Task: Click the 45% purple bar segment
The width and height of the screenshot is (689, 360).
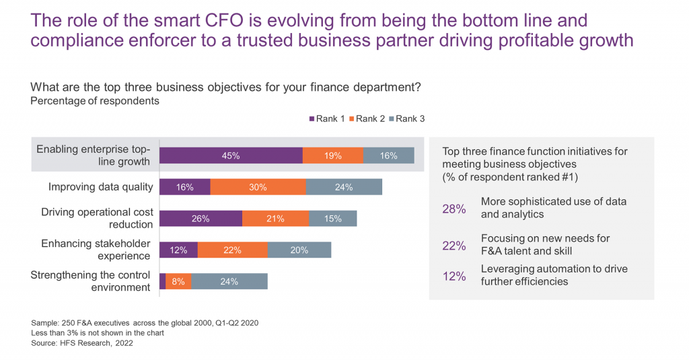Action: [231, 155]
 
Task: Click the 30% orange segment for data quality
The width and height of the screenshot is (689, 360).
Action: [258, 187]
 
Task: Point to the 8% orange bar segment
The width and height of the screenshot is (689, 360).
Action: [178, 281]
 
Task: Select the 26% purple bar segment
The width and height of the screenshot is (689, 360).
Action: [201, 219]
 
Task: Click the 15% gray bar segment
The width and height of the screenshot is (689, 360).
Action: [332, 219]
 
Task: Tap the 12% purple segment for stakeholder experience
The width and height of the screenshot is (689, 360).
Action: [178, 250]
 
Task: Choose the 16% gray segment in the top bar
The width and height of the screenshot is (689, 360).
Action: [388, 155]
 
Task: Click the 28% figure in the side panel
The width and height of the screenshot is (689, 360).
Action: [454, 209]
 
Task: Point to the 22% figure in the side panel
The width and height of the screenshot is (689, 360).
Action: [454, 246]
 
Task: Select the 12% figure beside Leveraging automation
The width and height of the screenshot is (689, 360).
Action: [454, 276]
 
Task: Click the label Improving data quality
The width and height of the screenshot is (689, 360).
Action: [101, 187]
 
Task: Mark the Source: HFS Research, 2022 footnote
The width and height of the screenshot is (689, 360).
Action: [82, 343]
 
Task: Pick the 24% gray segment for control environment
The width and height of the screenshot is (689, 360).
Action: [229, 281]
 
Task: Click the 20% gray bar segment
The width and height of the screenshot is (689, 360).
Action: [299, 250]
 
